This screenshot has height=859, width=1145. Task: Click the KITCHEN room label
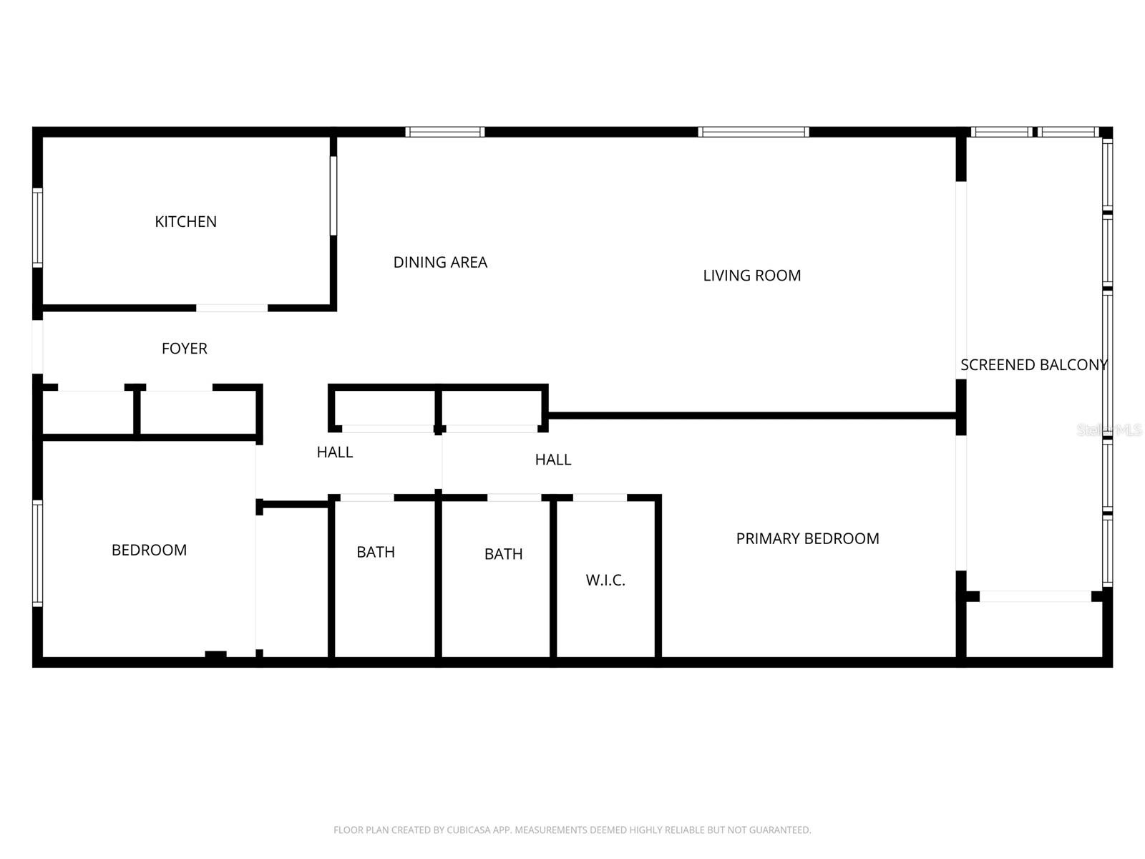[185, 222]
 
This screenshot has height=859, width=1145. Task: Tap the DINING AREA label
[440, 263]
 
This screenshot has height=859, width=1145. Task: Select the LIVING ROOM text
[751, 276]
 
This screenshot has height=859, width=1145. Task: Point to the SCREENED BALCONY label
[1033, 365]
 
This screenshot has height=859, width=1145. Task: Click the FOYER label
[185, 349]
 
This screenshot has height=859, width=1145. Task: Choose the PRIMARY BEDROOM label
[807, 539]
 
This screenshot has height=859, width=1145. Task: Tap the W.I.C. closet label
[605, 581]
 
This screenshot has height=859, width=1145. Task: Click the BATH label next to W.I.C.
[503, 554]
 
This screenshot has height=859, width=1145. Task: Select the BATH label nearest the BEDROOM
[376, 552]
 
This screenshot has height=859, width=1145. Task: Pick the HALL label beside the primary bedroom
[553, 460]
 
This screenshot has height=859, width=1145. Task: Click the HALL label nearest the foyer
[335, 452]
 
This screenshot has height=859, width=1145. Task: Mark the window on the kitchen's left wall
[38, 228]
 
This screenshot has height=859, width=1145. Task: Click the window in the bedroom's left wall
[38, 553]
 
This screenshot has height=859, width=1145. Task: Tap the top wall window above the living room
[754, 132]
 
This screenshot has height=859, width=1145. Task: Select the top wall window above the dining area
[444, 132]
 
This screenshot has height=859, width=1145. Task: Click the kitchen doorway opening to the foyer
[232, 309]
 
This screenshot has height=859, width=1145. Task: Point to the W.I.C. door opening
[600, 498]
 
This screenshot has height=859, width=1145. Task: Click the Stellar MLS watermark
[1110, 429]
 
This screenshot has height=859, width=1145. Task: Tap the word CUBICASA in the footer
[467, 830]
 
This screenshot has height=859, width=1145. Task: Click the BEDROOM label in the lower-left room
[149, 550]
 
